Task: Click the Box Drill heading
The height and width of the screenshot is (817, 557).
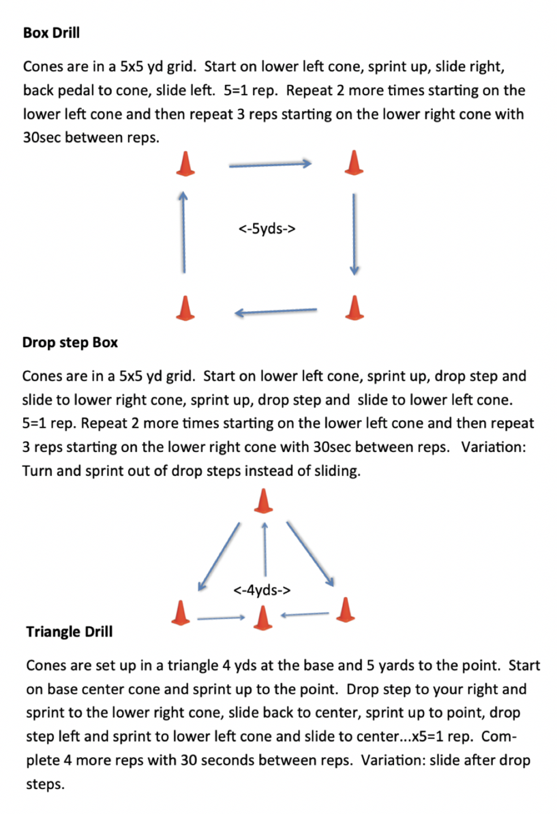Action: pos(51,33)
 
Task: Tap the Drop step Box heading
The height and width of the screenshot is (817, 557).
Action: pos(70,343)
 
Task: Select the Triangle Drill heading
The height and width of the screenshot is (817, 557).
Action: pos(70,632)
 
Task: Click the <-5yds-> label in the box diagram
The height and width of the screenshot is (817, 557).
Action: pos(267,229)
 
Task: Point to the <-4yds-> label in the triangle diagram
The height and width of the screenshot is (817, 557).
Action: pos(262,590)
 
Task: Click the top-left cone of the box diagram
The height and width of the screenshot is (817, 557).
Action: pos(185,164)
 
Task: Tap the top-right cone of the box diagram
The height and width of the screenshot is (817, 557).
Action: pos(354,163)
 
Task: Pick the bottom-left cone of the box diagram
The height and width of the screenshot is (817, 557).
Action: pos(185,308)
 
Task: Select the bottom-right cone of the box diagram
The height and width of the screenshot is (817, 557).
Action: pos(355,308)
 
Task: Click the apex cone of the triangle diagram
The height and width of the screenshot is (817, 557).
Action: pos(263,501)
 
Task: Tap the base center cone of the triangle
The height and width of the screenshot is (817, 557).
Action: pos(262,618)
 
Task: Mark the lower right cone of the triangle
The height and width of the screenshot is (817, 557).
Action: pos(345,609)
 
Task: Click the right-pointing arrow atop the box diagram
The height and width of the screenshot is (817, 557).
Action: pos(270,165)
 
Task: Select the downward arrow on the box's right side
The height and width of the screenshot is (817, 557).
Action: pos(354,234)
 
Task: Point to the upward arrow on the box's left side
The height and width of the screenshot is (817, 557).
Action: pos(183,232)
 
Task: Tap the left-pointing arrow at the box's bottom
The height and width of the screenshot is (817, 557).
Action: pos(275,312)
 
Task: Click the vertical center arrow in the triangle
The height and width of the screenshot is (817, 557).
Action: pos(265,549)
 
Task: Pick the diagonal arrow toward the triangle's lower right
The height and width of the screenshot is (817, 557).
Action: pos(310,554)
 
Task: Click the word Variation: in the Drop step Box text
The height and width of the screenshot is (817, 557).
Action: pos(494,447)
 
